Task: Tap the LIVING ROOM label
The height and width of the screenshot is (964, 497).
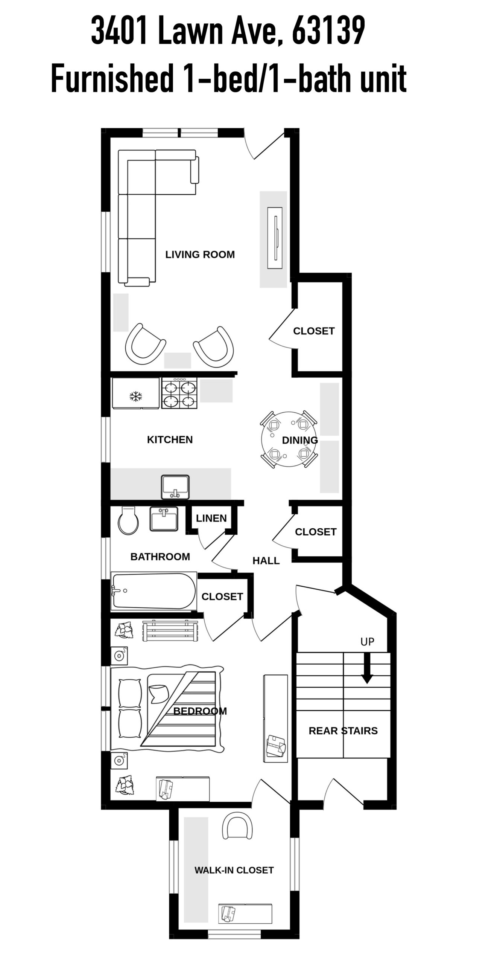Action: click(200, 255)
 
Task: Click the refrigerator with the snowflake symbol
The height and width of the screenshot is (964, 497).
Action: click(135, 393)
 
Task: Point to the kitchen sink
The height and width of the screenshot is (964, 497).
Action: click(175, 487)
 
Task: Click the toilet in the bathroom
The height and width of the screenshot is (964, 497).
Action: click(128, 520)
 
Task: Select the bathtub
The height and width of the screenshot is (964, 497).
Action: click(154, 591)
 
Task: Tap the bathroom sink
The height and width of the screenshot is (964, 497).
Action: click(164, 519)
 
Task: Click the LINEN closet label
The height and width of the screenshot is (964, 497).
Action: click(211, 519)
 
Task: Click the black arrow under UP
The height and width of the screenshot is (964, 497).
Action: click(367, 668)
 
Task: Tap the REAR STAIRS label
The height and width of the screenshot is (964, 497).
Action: click(343, 731)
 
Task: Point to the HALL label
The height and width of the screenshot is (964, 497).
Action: click(266, 561)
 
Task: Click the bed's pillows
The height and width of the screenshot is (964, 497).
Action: click(130, 708)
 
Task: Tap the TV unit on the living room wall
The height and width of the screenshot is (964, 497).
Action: click(275, 238)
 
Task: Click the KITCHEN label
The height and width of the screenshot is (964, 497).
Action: click(170, 440)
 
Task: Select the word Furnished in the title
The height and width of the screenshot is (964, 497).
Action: click(112, 79)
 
